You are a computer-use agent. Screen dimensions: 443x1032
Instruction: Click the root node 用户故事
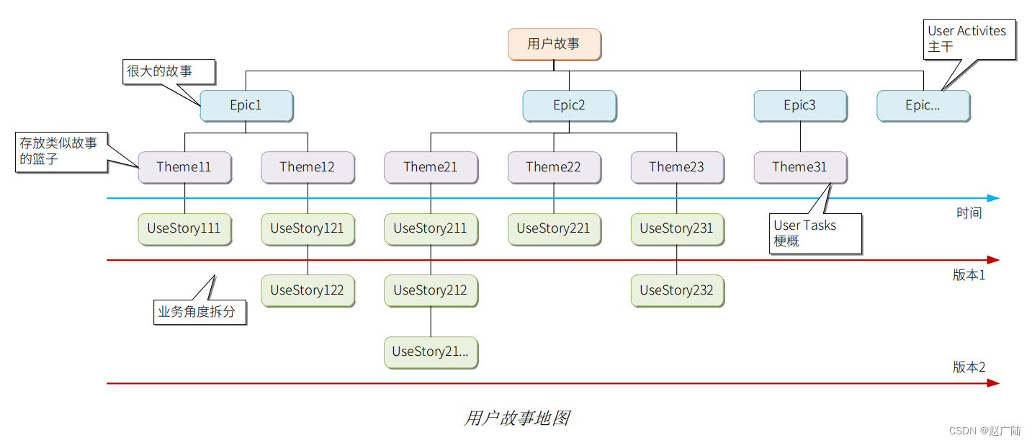click(554, 44)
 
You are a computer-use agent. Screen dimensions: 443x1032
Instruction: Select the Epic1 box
click(246, 106)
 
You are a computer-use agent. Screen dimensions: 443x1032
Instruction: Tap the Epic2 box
click(569, 106)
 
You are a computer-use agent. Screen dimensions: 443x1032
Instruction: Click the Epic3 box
click(800, 106)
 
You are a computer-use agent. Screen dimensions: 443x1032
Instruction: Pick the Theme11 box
click(184, 167)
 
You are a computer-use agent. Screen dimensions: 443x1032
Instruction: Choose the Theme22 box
click(554, 167)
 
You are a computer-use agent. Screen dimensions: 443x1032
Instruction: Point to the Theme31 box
click(800, 167)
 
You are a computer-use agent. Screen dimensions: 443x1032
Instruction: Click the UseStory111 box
click(184, 229)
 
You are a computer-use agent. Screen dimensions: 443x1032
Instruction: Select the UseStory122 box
click(308, 290)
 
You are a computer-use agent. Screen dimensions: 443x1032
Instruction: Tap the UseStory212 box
click(431, 290)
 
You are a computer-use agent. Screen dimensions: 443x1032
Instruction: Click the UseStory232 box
click(677, 290)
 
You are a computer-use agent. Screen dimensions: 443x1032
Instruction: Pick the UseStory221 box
click(554, 229)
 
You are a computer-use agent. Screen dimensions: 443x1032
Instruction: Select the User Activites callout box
click(969, 39)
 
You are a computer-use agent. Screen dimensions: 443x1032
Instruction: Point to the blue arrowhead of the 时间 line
click(993, 198)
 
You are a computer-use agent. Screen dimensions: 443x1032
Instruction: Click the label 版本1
click(969, 275)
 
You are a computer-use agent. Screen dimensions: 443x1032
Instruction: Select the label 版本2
click(969, 367)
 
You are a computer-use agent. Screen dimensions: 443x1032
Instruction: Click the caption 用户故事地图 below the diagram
click(517, 419)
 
